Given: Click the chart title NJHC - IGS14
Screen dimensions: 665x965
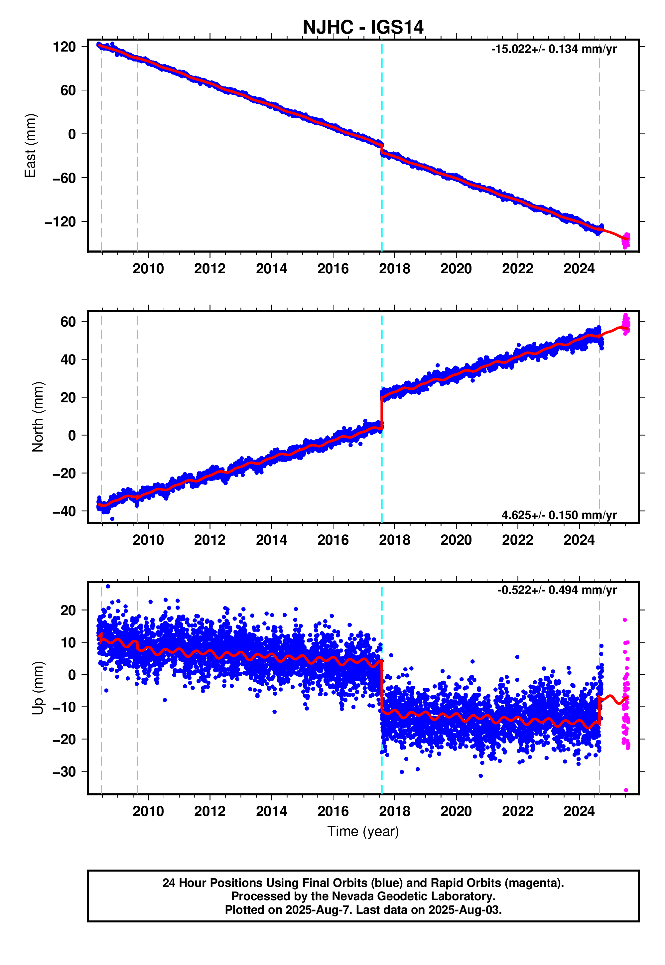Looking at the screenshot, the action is click(362, 28).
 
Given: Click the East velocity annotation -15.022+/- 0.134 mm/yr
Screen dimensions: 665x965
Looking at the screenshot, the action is click(553, 49).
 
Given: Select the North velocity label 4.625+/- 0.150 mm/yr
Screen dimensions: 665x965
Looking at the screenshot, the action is click(559, 515).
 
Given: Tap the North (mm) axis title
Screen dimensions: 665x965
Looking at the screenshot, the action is click(38, 417).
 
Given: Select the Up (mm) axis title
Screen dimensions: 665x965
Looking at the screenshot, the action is click(38, 688).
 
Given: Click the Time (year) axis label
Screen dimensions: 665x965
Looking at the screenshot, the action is click(362, 831).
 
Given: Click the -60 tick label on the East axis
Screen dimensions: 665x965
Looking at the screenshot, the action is click(64, 178).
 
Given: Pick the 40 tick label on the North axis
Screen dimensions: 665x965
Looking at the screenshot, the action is click(67, 359).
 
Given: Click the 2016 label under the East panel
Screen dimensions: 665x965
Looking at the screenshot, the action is click(332, 269).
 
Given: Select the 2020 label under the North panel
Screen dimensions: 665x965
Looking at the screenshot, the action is click(456, 540).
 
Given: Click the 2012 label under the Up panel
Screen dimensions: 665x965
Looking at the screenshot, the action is click(209, 811).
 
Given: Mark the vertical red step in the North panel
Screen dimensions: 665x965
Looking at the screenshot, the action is click(382, 412).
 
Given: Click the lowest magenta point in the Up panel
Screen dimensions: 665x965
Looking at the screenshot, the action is click(626, 790).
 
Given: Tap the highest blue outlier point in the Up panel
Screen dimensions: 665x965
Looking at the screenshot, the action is click(108, 586).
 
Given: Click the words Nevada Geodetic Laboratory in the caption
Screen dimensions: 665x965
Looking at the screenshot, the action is click(417, 896).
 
